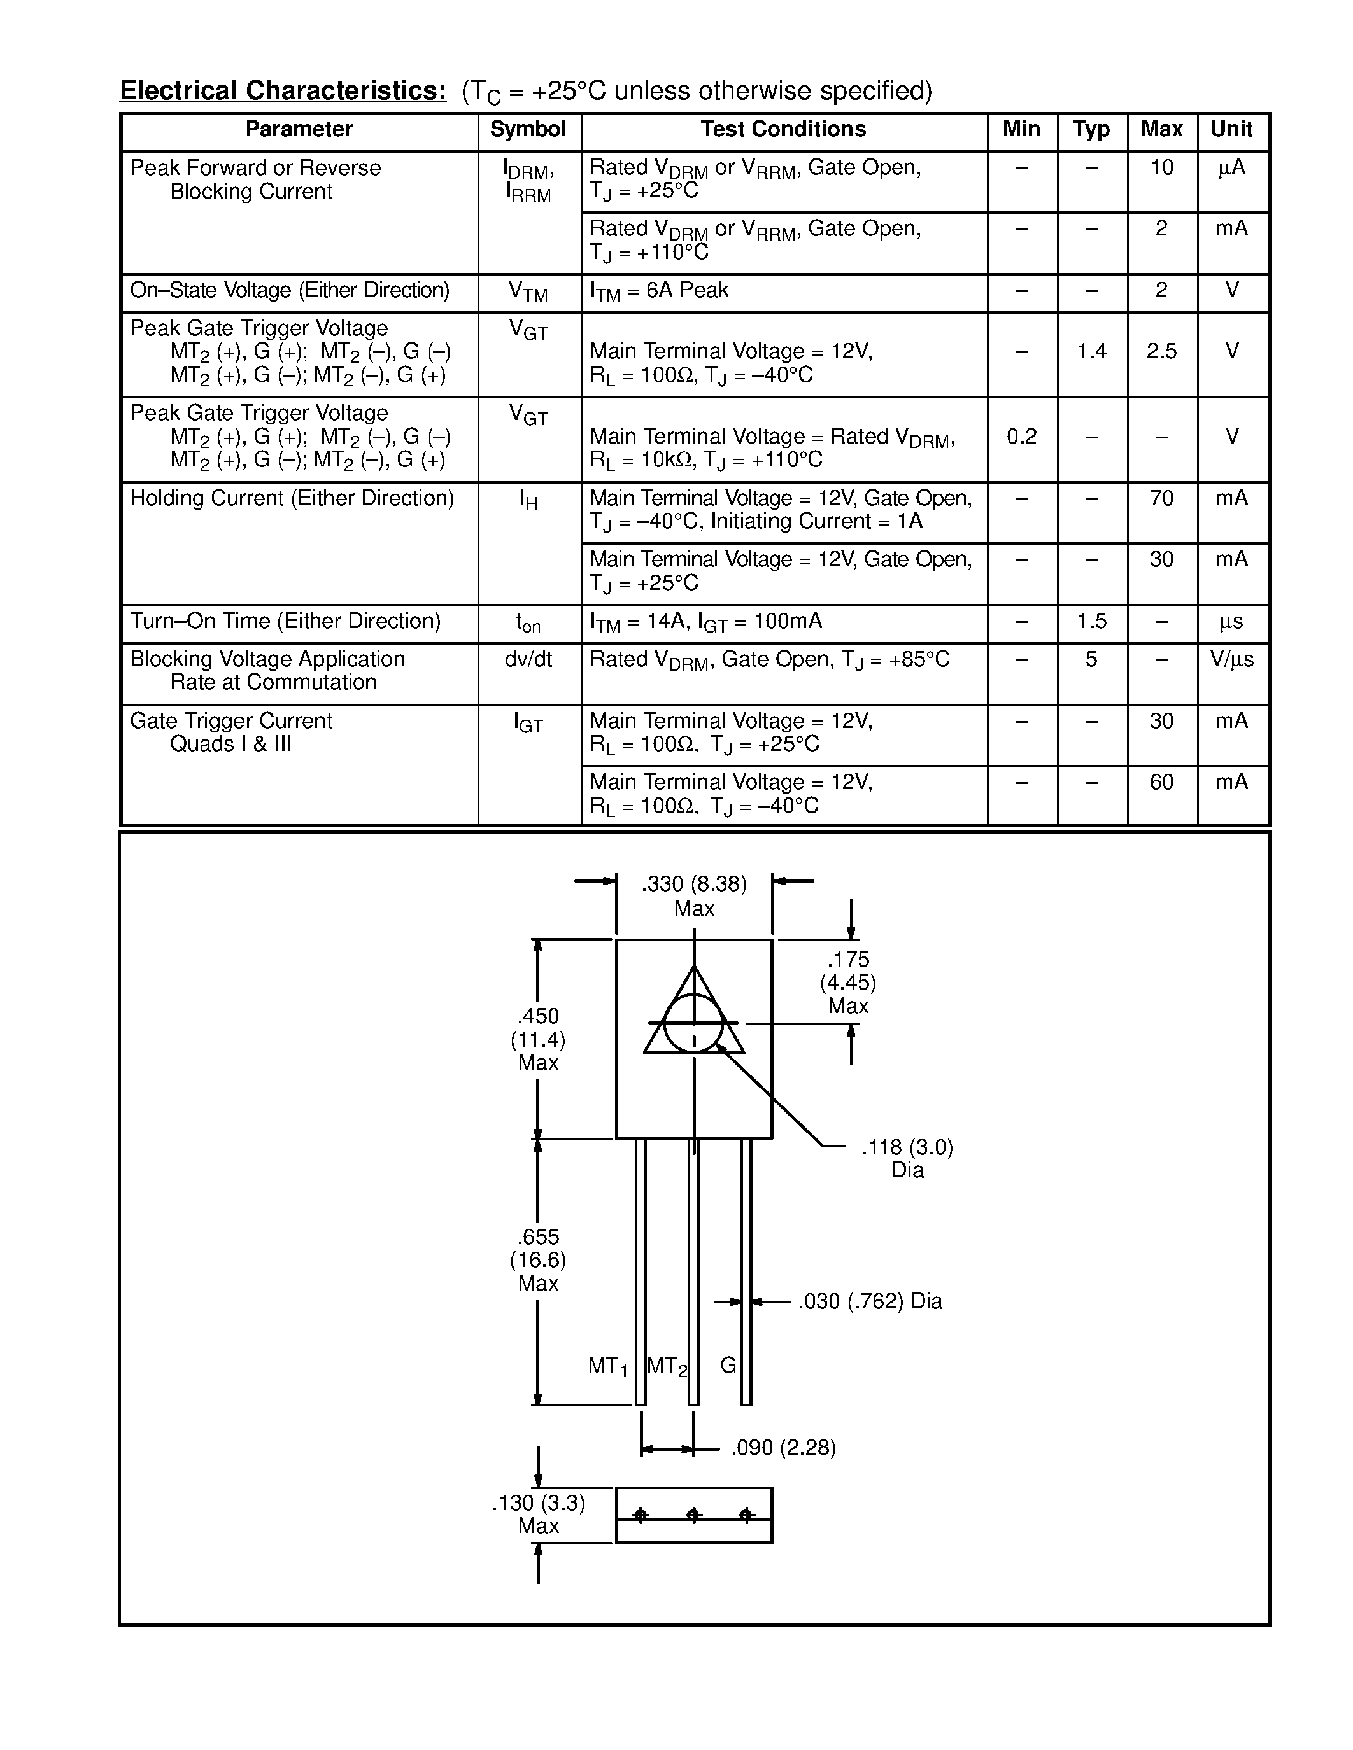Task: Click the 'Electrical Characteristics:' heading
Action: coord(283,90)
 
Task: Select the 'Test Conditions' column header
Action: coord(783,129)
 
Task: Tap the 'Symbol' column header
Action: coord(528,129)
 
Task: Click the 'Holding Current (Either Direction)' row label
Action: coord(292,498)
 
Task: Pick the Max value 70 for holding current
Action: coord(1161,498)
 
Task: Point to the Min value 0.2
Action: coord(1021,436)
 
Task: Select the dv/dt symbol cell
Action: coord(528,659)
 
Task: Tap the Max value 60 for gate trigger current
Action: coord(1161,781)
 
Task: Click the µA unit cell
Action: coord(1231,167)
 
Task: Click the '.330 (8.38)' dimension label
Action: coord(694,884)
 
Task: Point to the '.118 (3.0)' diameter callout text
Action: coord(907,1147)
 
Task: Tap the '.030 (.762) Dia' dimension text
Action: coord(870,1301)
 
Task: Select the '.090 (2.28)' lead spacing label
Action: coord(783,1447)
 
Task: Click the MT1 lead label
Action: coord(607,1366)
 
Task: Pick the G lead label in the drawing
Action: coord(728,1364)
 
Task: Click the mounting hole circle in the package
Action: coord(694,1023)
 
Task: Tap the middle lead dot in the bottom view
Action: coord(694,1515)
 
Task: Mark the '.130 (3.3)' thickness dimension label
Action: coord(539,1503)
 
